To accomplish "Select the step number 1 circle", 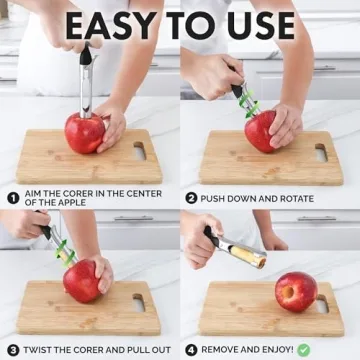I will [x=13, y=198].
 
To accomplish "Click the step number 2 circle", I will [x=191, y=198].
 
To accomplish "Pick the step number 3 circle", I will [x=13, y=350].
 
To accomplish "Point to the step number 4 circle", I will [x=191, y=350].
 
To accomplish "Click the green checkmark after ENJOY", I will [x=304, y=350].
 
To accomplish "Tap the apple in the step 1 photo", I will [x=86, y=132].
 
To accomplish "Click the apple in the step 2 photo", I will [x=263, y=131].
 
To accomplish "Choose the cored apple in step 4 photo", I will [x=296, y=291].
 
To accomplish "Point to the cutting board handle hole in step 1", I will [x=141, y=151].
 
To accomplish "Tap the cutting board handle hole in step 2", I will [x=320, y=151].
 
